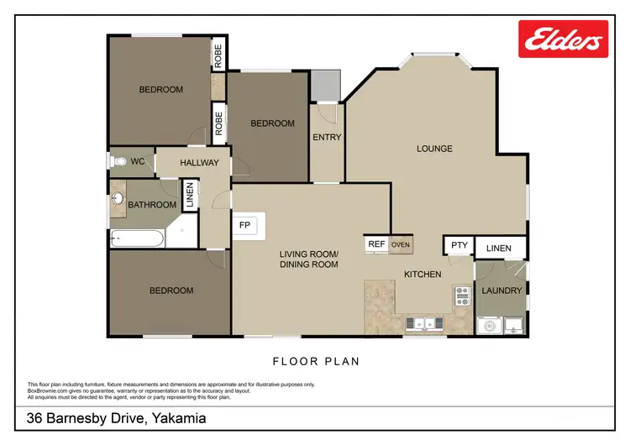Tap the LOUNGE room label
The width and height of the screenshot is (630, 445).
434,149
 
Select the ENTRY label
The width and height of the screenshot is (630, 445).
326,137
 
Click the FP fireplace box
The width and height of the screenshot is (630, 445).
245,225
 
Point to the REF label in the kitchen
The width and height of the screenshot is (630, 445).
376,244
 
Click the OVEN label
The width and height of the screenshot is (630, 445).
400,244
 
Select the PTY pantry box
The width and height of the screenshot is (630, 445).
459,245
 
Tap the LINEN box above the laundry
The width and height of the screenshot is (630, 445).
499,247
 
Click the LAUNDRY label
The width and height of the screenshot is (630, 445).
501,291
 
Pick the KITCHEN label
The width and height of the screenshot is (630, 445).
423,274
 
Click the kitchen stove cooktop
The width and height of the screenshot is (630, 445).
462,295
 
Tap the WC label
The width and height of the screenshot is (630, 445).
139,160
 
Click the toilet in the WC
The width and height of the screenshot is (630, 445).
118,160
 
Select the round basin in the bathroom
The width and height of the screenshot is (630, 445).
118,200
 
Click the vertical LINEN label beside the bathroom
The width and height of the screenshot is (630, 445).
190,195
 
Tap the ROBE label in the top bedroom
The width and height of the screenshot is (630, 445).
218,55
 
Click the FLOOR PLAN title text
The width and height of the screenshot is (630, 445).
316,362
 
